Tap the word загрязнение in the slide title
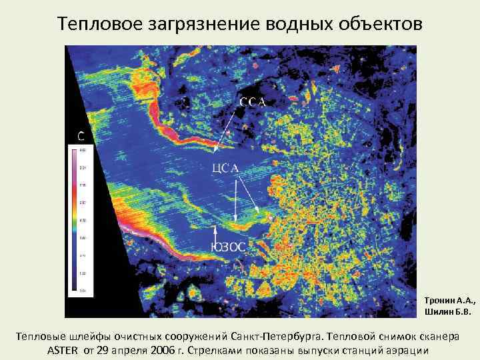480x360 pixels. (x=201, y=24)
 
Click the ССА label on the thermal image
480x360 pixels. (x=253, y=102)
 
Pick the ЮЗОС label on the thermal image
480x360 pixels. (x=228, y=247)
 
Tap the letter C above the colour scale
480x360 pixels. (x=81, y=137)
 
